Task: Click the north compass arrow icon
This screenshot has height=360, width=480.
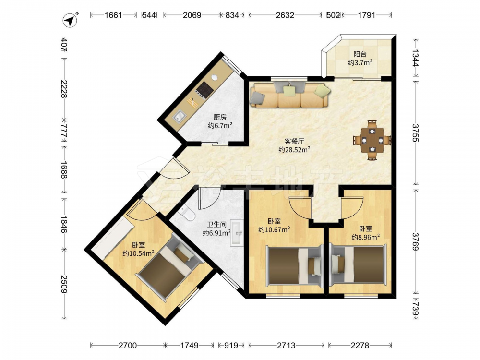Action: [71, 20]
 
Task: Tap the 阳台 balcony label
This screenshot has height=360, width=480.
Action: [360, 54]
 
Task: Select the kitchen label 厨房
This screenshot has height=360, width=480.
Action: [220, 117]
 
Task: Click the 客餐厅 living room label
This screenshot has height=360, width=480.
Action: [294, 141]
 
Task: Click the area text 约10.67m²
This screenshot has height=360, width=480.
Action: [274, 229]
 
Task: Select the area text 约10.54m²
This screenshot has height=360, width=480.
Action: [138, 253]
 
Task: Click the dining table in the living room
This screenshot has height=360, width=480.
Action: [372, 140]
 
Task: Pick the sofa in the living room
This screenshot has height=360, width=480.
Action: [289, 95]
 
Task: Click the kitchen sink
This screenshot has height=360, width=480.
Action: [179, 116]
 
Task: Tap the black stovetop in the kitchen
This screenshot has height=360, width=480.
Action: [204, 89]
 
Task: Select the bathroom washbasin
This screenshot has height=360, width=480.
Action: [237, 232]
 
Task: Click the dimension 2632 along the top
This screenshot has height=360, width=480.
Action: [285, 15]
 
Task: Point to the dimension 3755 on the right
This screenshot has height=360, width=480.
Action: [415, 133]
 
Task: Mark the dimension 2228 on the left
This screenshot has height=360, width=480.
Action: [64, 89]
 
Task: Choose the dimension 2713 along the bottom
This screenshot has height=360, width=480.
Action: [286, 346]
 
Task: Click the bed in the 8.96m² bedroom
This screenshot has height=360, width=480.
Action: [358, 265]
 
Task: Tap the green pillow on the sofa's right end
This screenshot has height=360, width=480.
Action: [323, 90]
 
